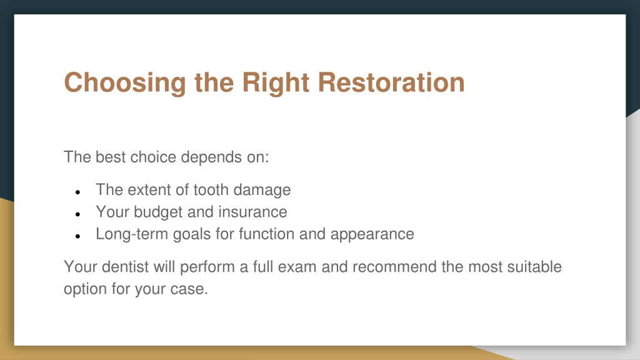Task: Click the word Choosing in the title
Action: tap(125, 83)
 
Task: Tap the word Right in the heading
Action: tap(276, 83)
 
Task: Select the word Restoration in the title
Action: tap(391, 82)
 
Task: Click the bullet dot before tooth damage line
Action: tap(78, 192)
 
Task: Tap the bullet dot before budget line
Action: tap(78, 214)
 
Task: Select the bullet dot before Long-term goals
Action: tap(78, 236)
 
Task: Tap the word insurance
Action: tap(252, 212)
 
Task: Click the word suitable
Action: tap(534, 267)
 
